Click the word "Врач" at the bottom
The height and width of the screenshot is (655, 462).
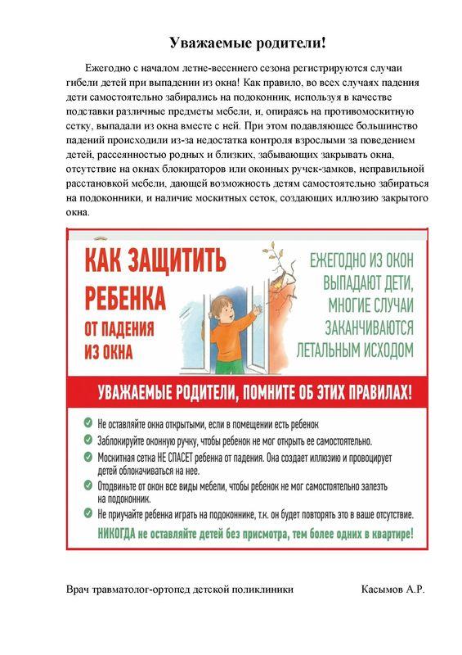[79, 589]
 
